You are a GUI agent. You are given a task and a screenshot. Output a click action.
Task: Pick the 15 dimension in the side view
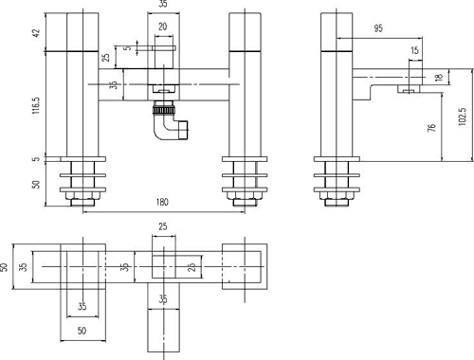pyautogui.click(x=414, y=50)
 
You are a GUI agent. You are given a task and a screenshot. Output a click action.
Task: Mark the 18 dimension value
pyautogui.click(x=438, y=79)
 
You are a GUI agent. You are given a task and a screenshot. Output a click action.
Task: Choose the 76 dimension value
pyautogui.click(x=431, y=126)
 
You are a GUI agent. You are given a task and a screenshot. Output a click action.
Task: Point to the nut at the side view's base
pyautogui.click(x=337, y=197)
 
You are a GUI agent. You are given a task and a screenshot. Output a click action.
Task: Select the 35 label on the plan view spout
pyautogui.click(x=163, y=299)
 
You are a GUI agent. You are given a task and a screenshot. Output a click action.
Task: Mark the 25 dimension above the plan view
pyautogui.click(x=162, y=226)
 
